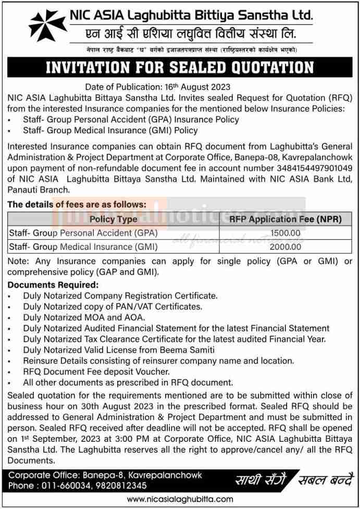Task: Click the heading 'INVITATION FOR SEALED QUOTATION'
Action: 180,68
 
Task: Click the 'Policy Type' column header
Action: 113,219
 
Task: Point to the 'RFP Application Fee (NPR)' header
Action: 285,219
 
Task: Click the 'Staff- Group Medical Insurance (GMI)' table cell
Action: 83,247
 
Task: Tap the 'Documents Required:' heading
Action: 53,285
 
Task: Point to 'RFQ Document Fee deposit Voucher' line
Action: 96,371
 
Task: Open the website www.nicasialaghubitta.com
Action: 180,499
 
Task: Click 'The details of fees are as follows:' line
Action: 77,205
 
